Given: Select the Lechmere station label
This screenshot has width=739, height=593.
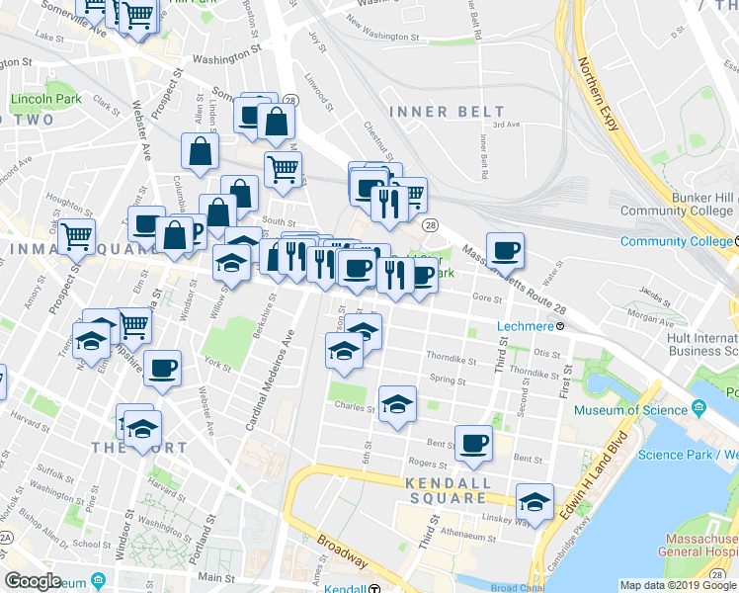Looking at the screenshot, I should pyautogui.click(x=533, y=325).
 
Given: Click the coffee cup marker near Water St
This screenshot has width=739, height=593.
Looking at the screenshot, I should pyautogui.click(x=505, y=251).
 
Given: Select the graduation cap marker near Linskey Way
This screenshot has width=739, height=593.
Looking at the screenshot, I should pyautogui.click(x=535, y=502).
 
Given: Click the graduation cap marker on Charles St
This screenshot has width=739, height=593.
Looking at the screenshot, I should pyautogui.click(x=397, y=404).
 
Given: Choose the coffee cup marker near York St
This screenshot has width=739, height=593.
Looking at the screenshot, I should pyautogui.click(x=162, y=369).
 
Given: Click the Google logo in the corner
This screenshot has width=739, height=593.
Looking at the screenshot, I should pyautogui.click(x=33, y=582).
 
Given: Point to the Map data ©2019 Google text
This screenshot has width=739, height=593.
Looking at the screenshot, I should pyautogui.click(x=677, y=585).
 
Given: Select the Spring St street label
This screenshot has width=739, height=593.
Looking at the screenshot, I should pyautogui.click(x=448, y=381).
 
